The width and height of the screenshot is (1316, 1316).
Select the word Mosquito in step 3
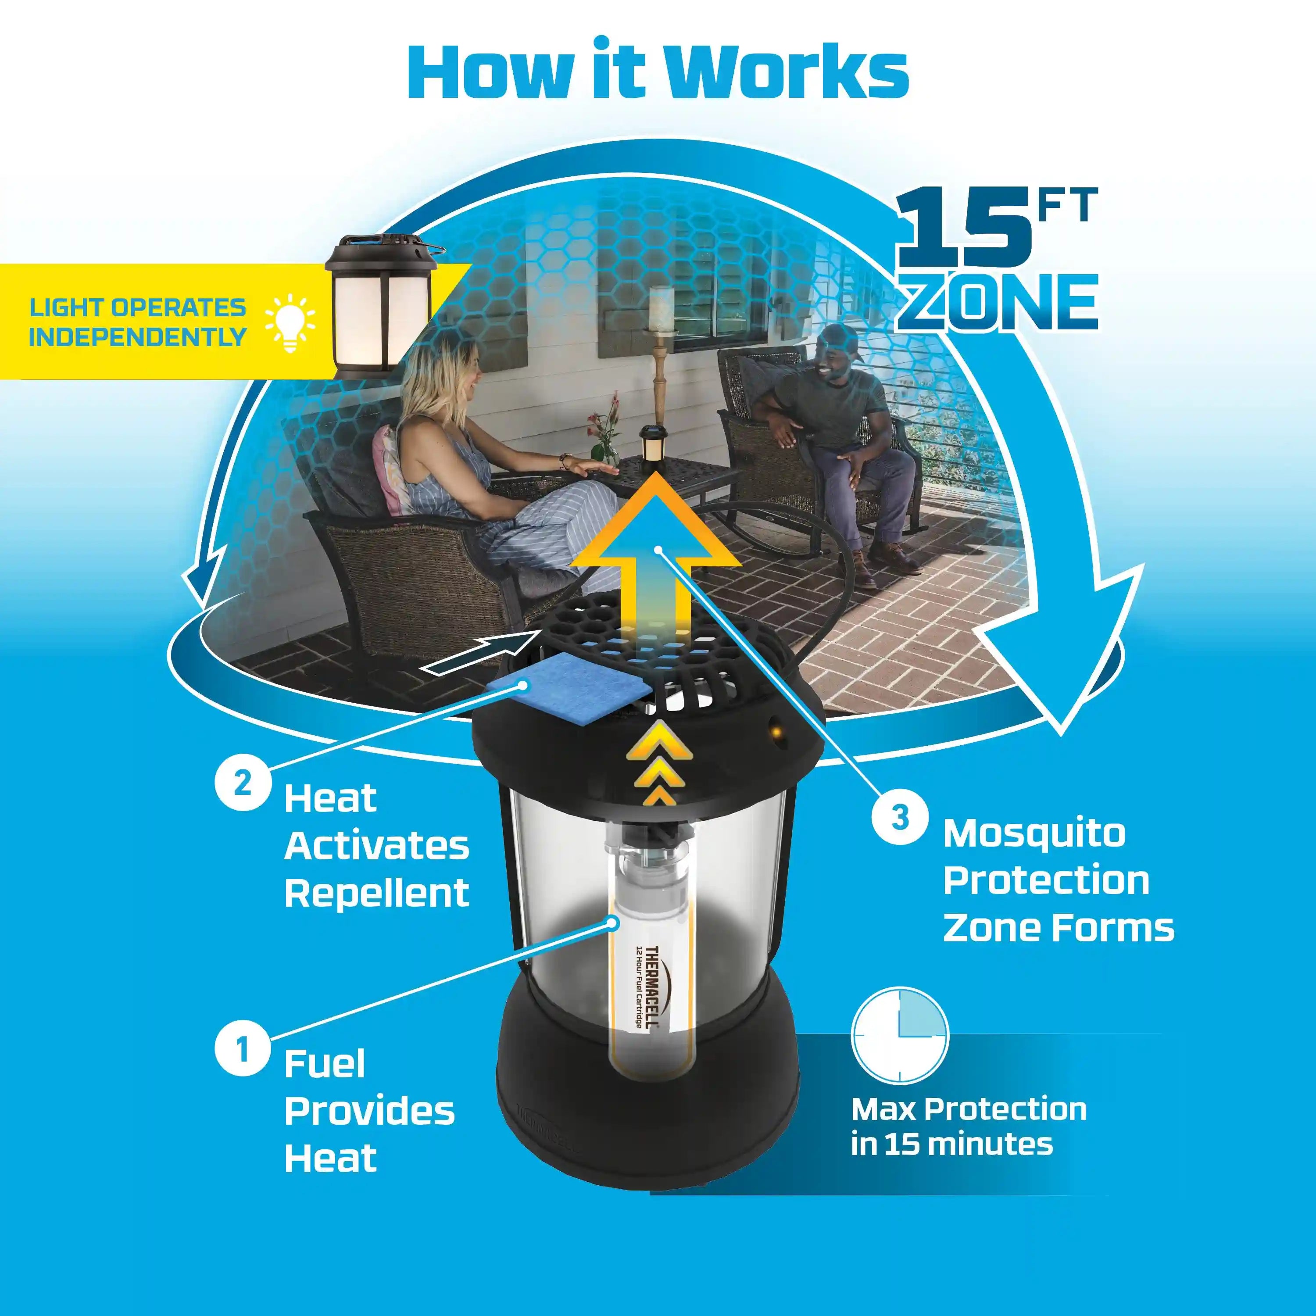point(1034,834)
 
